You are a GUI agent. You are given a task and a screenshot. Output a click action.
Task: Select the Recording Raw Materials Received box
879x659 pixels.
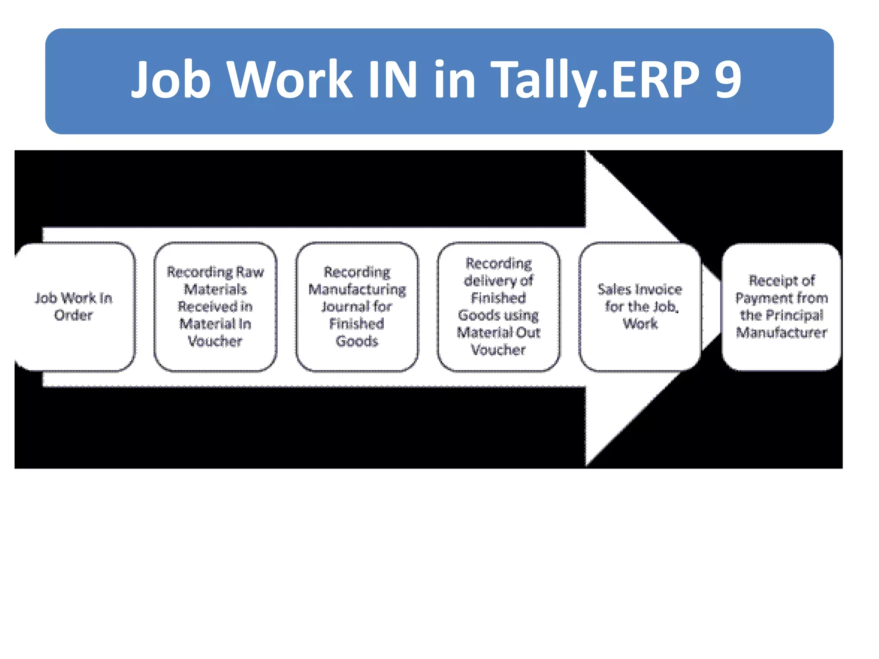coord(215,306)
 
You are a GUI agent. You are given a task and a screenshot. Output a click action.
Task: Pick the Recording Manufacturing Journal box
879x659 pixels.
coord(357,306)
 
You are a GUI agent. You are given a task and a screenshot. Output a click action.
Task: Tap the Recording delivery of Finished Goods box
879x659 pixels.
coord(498,306)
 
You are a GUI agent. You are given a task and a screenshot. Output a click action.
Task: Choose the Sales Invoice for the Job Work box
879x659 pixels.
coord(640,306)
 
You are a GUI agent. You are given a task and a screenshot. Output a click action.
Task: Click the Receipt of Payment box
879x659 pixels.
coord(781,306)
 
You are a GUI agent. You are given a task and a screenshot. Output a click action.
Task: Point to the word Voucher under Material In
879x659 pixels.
coord(215,341)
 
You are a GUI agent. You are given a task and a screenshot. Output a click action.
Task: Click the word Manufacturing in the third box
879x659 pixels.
coord(357,290)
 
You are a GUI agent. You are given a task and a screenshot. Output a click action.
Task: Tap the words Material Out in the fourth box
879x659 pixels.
coord(498,333)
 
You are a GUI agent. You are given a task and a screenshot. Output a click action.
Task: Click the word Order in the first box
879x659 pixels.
coord(73,315)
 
